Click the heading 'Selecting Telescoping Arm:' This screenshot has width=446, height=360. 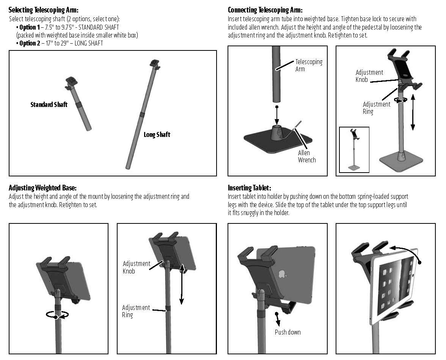tap(46, 10)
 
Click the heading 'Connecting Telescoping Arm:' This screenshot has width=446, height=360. tap(265, 10)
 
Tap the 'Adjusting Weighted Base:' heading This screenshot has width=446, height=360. tap(42, 188)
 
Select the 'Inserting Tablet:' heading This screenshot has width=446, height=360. tap(250, 188)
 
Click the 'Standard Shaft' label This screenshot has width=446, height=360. tap(49, 104)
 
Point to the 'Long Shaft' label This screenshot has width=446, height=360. tap(157, 134)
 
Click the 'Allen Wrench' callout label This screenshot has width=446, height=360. tap(306, 156)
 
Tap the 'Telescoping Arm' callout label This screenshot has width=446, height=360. tap(308, 65)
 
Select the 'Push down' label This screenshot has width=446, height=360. tap(287, 332)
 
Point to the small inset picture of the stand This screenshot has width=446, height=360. tap(354, 149)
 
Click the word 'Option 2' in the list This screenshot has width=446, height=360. tap(29, 43)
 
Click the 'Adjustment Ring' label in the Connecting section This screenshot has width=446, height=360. tap(376, 108)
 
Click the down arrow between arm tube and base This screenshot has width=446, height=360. tap(277, 115)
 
